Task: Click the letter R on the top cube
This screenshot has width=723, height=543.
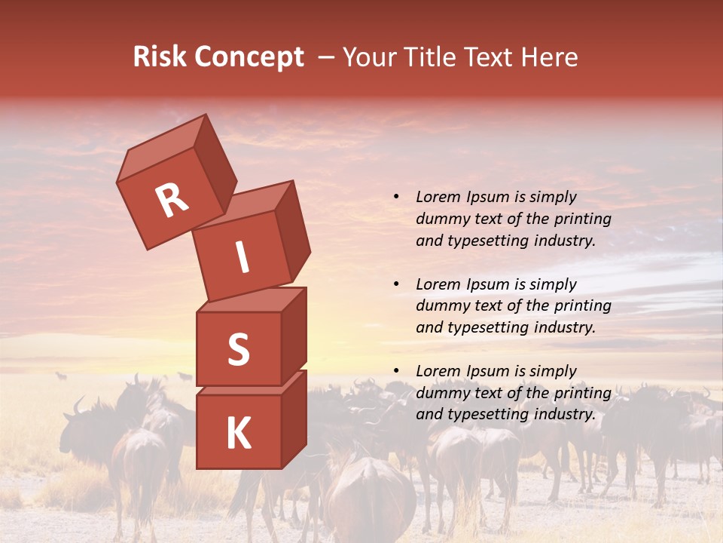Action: (x=172, y=201)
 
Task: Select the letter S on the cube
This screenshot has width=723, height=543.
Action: (x=238, y=349)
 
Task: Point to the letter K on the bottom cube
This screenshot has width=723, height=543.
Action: (x=238, y=434)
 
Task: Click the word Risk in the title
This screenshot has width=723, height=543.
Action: (x=160, y=57)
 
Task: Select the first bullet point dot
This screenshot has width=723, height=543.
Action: (x=396, y=198)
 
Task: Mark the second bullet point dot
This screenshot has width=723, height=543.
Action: (x=396, y=284)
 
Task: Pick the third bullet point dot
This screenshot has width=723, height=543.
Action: (x=396, y=371)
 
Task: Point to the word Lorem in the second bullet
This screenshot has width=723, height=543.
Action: (x=438, y=284)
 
